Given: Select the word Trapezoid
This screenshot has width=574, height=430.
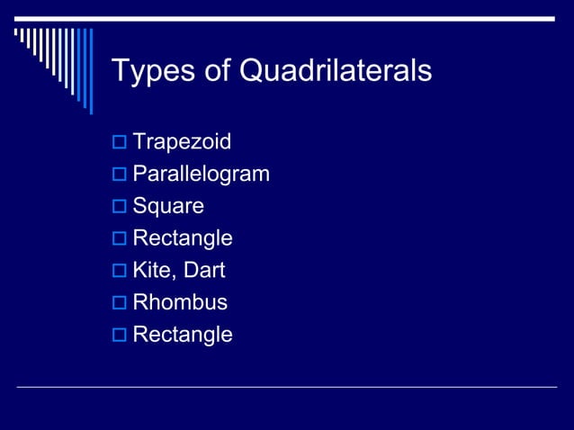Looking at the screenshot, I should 182,141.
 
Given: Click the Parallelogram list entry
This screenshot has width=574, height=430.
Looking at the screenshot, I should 201,174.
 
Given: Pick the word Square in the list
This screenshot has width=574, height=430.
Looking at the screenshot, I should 168,206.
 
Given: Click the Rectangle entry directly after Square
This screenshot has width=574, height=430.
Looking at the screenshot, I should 183,238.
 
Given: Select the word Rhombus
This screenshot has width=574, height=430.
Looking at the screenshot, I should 180,302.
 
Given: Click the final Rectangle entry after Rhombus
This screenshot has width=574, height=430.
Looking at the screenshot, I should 183,335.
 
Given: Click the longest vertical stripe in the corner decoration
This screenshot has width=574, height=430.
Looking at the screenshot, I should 90,71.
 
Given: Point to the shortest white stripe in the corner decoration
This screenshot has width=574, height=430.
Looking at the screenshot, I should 15,34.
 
